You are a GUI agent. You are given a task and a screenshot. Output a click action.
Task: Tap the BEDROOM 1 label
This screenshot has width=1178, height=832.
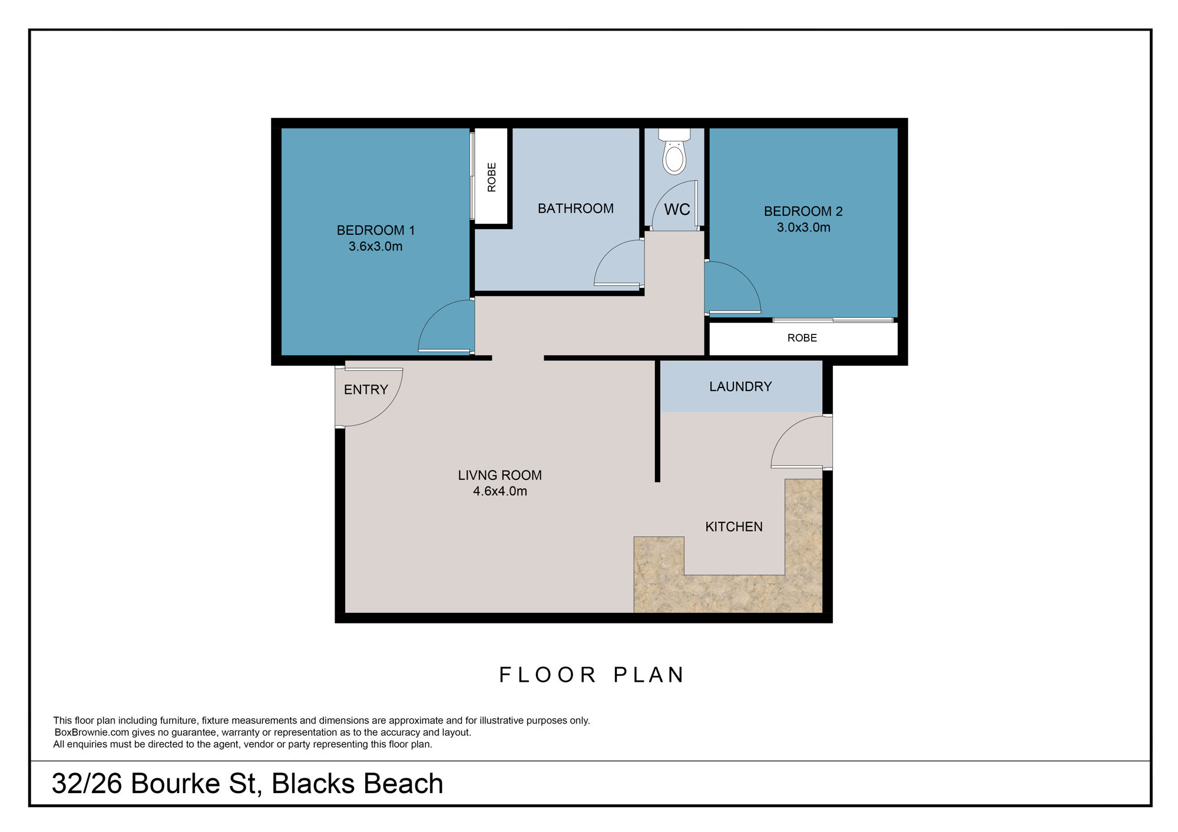375,230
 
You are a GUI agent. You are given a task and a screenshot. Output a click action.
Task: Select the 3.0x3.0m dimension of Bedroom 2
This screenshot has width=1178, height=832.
803,227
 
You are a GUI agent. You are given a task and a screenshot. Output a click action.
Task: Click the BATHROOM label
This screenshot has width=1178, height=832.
575,208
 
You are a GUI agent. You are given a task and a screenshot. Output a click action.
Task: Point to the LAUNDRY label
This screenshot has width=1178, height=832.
740,387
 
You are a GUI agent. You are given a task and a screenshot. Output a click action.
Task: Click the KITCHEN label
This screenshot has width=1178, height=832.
734,526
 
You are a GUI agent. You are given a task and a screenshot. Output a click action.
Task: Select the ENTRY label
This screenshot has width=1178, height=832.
366,390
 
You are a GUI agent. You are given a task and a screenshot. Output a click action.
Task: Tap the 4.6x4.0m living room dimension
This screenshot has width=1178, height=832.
500,491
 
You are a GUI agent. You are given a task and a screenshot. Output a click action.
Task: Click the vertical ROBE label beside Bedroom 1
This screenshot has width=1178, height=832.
492,177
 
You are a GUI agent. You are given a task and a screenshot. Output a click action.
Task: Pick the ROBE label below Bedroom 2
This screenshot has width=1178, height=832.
802,338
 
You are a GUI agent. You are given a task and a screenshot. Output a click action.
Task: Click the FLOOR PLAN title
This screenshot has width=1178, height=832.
591,675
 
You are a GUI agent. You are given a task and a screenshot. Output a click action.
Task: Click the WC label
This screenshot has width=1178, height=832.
677,210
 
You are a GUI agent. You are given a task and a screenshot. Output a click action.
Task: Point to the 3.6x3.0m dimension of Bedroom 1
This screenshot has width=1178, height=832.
375,247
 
